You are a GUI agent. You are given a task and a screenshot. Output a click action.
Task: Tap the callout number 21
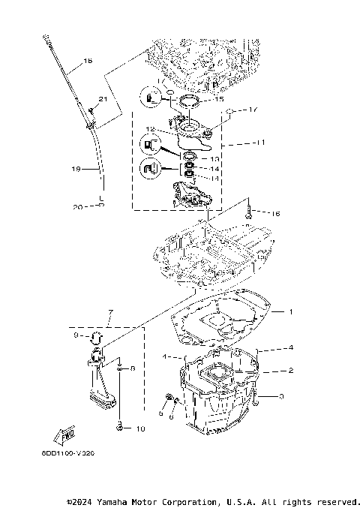(103, 99)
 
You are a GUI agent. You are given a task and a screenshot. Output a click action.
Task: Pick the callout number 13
(214, 159)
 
